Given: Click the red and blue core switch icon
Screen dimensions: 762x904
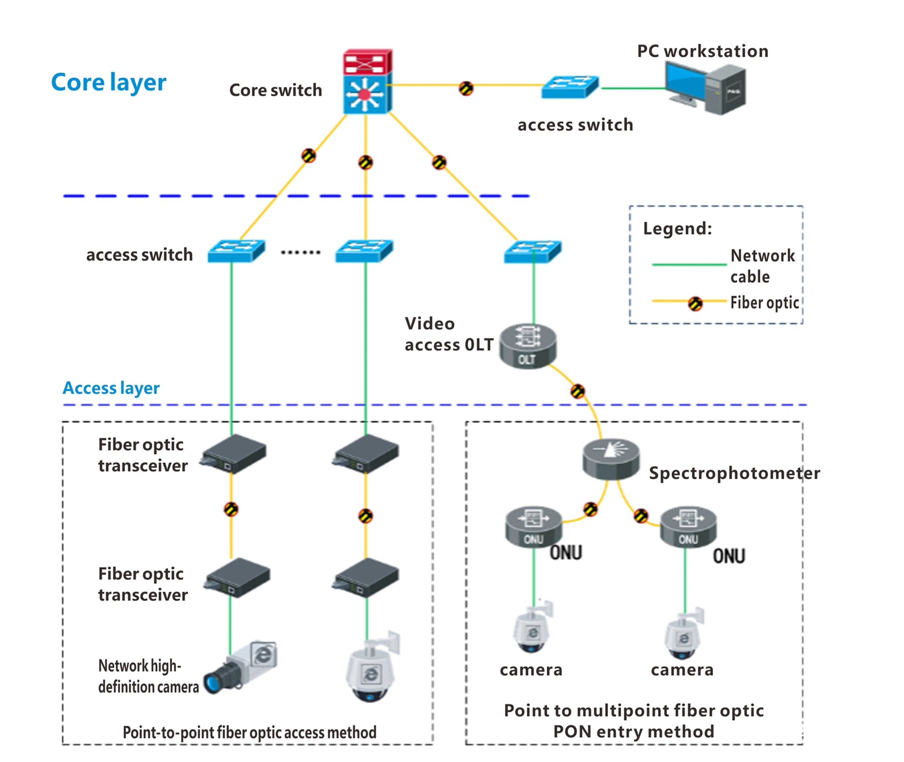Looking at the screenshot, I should coord(367,82).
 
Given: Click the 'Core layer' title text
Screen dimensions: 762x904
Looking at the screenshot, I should coord(109,82).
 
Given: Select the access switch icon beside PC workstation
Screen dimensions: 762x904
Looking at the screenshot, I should coord(570,87).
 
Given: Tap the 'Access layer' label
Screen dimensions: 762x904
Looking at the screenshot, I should coord(111,387).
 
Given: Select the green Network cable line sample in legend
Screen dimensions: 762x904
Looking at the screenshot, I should coord(688,264).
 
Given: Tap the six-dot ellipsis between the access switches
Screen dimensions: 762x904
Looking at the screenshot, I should coord(301,252).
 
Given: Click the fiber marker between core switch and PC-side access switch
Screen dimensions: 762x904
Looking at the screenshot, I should coord(466,89).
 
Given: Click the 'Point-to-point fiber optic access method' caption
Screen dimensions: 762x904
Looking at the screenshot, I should coord(249,732).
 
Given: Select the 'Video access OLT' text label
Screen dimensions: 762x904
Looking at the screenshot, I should coord(448,334).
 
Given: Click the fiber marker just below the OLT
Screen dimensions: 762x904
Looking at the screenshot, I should coord(577,391).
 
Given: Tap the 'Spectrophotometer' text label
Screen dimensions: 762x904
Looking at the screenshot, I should coord(734,473).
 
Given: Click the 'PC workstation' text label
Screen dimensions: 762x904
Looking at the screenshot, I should coord(703,51).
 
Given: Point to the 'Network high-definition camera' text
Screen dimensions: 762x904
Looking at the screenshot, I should coord(148,676).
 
